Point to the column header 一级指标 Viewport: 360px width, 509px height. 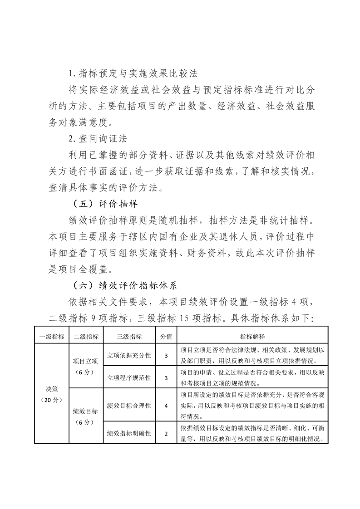click(51, 337)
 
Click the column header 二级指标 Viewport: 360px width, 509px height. click(86, 337)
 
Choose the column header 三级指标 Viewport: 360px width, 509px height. click(129, 337)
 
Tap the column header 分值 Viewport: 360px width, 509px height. click(166, 337)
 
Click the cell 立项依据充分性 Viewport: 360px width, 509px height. click(129, 356)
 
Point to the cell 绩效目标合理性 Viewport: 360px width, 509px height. click(129, 405)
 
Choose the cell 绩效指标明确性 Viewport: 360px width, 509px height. click(129, 433)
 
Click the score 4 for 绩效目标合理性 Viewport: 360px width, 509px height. click(166, 405)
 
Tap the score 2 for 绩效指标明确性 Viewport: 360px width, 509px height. click(166, 433)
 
